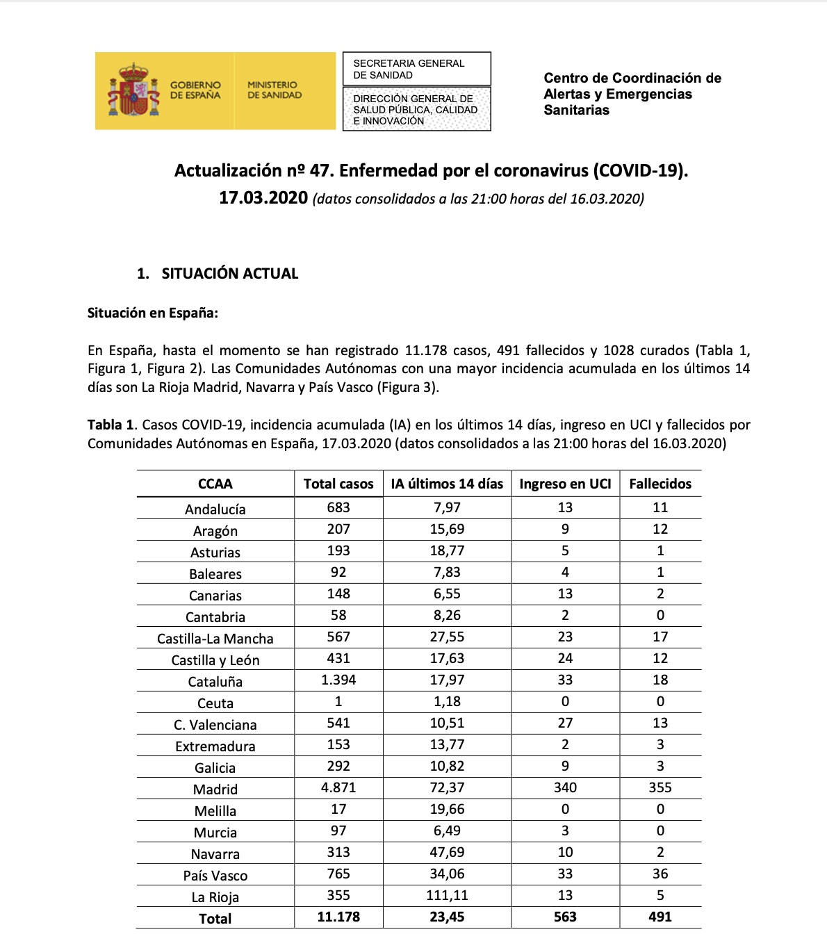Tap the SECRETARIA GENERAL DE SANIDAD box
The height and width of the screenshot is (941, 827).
coord(416,69)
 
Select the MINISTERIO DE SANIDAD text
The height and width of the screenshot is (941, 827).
coord(275,90)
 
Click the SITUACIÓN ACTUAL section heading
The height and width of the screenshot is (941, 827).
coord(229,274)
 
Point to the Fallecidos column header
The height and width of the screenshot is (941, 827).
coord(660,484)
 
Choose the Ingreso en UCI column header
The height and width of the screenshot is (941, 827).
coord(565,484)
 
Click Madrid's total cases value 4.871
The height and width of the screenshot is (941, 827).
coord(338,787)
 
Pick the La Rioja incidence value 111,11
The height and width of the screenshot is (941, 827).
coord(447,895)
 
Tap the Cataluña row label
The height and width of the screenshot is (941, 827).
coord(215,682)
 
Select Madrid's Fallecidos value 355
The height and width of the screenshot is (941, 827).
coord(660,787)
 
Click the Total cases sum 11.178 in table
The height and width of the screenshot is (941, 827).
coord(338,917)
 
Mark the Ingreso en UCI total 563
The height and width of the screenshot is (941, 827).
coord(565,917)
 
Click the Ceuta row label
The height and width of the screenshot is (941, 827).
coord(215,703)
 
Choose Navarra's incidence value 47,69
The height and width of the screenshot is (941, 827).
coord(447,852)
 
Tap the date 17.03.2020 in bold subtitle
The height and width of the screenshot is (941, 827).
coord(263,198)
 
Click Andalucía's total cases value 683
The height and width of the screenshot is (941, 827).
coord(338,507)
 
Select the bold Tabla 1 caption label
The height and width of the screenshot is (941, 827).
coord(110,425)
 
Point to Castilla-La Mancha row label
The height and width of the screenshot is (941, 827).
coord(215,639)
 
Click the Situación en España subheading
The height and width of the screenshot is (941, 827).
coord(153,313)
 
